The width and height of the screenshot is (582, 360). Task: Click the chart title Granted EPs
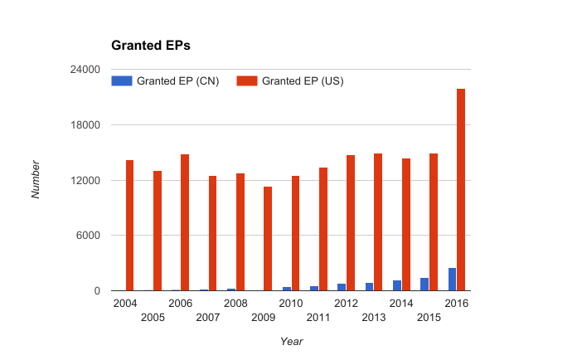tap(151, 46)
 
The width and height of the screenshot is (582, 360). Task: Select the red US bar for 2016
tap(461, 189)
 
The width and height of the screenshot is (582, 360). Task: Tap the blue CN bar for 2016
tap(452, 279)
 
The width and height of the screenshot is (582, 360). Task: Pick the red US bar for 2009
tap(268, 239)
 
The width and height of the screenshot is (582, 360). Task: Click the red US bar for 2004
tap(129, 225)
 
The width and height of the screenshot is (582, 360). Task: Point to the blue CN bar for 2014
tap(397, 285)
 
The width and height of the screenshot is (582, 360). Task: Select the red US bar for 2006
tap(185, 222)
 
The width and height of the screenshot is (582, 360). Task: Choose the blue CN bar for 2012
tap(342, 287)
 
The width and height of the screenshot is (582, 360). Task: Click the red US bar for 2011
tap(323, 229)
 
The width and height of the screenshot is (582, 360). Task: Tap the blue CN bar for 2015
tap(424, 285)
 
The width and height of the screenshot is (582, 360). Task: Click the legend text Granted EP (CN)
tap(177, 81)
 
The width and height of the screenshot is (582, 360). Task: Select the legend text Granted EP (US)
tap(303, 81)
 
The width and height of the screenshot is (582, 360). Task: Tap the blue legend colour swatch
tap(122, 81)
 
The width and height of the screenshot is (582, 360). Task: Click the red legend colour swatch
tap(247, 81)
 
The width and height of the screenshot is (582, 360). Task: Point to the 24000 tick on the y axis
tap(85, 70)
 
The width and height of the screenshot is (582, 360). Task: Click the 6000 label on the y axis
tap(89, 236)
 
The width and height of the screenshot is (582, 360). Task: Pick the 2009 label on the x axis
tap(263, 318)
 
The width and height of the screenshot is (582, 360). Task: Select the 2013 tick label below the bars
tap(374, 318)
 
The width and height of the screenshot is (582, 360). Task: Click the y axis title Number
tap(36, 179)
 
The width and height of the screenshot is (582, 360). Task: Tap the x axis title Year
tap(291, 342)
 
